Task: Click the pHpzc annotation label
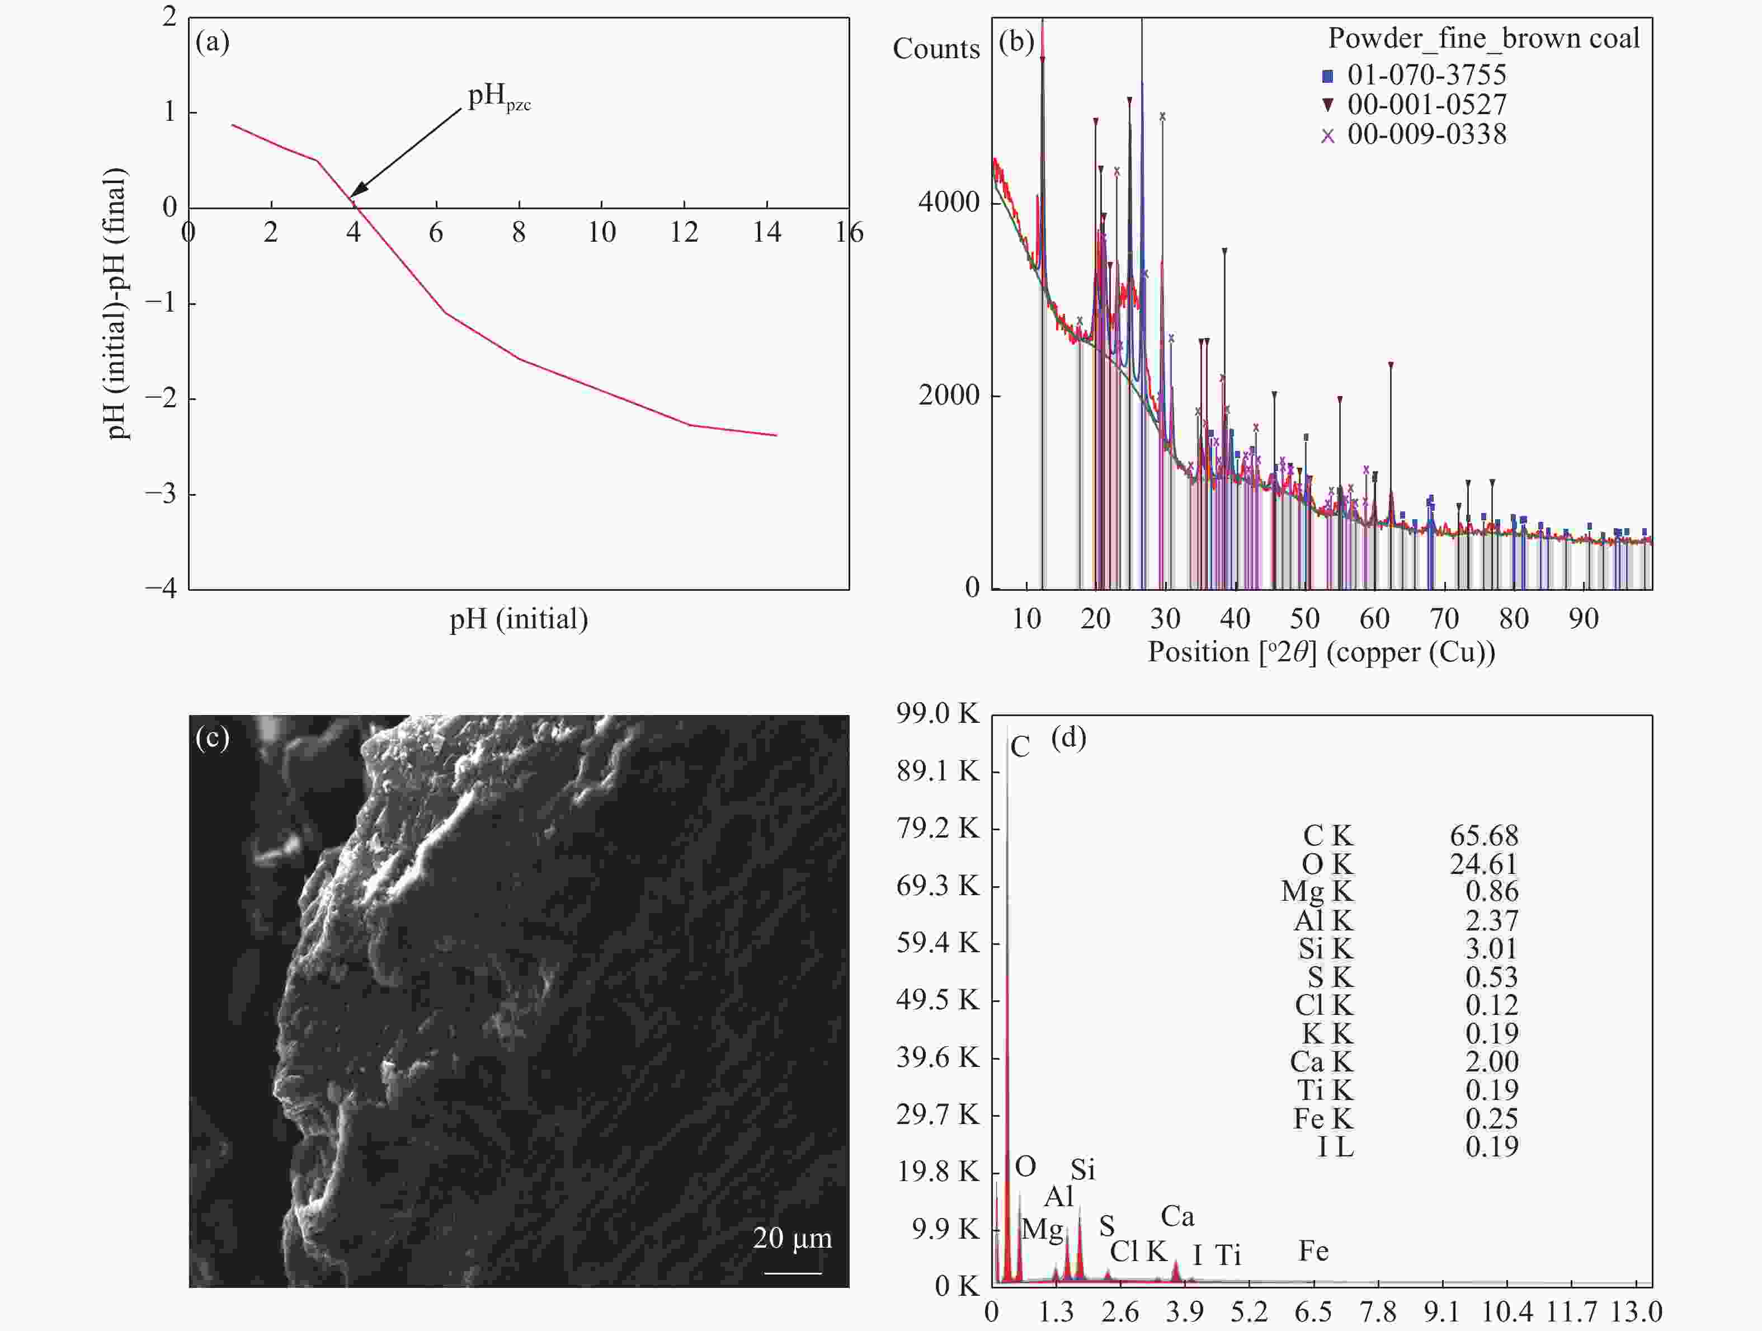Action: pos(498,97)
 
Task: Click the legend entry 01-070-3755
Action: pos(1426,75)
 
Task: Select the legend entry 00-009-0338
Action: pos(1426,134)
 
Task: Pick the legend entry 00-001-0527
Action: pos(1426,105)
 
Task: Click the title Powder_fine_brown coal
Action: pos(1483,38)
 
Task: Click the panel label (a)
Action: pos(212,41)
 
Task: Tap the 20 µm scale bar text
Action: pos(792,1237)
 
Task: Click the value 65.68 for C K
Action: pos(1483,835)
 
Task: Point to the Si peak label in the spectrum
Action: pos(1082,1169)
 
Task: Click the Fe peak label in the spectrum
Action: pos(1313,1250)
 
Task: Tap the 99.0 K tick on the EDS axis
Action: pos(937,713)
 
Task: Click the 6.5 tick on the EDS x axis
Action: pos(1313,1311)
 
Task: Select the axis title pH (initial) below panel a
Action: pos(519,619)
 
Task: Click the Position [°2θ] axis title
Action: pos(1321,652)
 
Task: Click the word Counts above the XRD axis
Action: pos(936,49)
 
